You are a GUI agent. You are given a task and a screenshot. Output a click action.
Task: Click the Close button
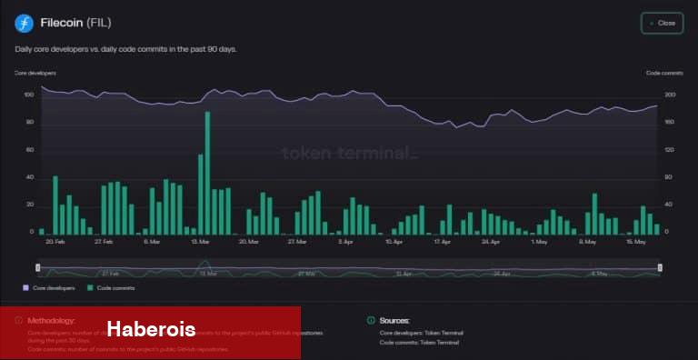[x=662, y=23]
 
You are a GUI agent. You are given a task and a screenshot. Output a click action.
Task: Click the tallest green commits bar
[x=207, y=173]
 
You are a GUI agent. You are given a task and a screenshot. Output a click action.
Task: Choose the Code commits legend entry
[x=112, y=288]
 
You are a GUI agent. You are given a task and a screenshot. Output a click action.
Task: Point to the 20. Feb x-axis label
[x=55, y=243]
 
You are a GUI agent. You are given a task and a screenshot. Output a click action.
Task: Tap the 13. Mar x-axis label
[x=201, y=243]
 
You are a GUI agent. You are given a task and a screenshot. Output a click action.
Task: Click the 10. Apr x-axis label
[x=394, y=243]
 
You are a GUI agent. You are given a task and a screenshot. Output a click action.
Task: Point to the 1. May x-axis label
[x=539, y=243]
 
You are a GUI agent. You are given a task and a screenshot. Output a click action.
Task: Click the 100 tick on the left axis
[x=28, y=95]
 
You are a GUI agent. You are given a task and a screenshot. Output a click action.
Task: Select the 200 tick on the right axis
[x=671, y=95]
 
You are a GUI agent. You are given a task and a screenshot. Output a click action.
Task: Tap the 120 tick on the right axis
[x=671, y=149]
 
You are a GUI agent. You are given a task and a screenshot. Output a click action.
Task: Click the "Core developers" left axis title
[x=35, y=72]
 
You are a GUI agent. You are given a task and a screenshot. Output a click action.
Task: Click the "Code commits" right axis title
[x=664, y=72]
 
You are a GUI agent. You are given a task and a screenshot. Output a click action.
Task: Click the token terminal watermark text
[x=350, y=153]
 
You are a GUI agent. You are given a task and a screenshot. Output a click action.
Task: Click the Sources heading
[x=394, y=321]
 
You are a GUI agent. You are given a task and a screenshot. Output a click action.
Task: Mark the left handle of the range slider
[x=37, y=267]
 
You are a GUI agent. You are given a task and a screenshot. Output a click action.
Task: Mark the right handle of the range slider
[x=660, y=267]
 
